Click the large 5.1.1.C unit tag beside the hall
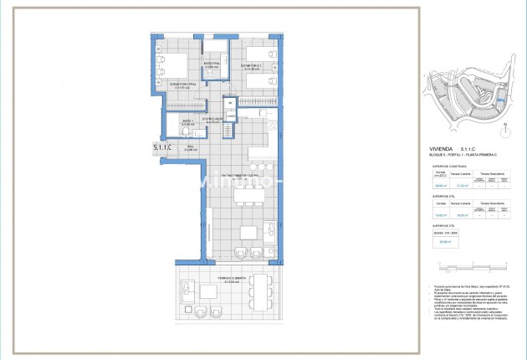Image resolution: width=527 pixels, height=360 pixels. pos(162,148)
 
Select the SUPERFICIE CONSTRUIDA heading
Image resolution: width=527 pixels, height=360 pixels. pos(444,167)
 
